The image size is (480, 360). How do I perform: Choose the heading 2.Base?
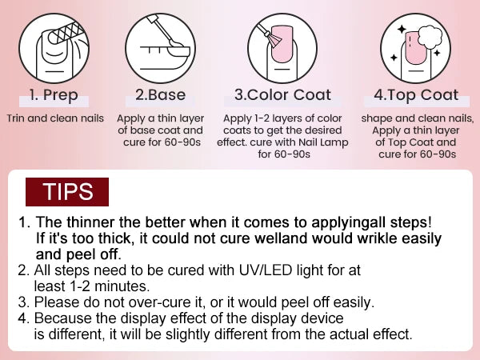click(160, 95)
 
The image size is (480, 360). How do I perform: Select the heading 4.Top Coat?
click(415, 95)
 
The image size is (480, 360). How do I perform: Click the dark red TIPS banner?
click(67, 192)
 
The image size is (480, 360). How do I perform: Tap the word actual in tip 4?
click(351, 334)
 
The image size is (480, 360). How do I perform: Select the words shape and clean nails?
click(415, 118)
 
